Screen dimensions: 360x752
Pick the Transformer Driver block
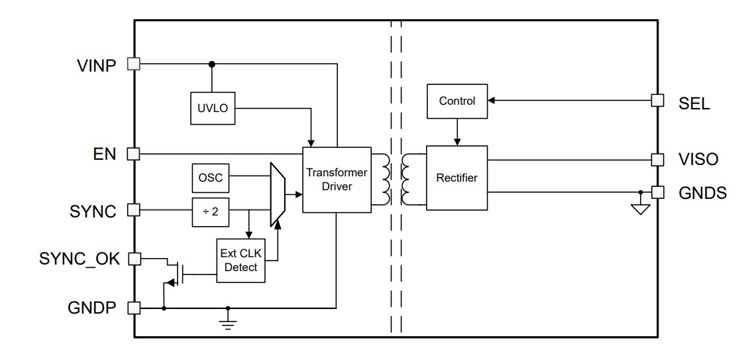coord(337,179)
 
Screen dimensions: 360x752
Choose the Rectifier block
coord(457,178)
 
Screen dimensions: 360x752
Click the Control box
coord(457,101)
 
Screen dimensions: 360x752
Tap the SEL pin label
coord(694,104)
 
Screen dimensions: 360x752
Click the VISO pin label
coord(698,160)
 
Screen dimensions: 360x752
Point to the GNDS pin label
coord(702,193)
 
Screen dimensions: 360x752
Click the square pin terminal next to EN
coord(133,154)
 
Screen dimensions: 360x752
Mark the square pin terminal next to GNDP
coord(133,308)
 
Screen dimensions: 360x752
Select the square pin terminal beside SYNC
coord(133,210)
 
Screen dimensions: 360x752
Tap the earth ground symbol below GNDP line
coord(228,324)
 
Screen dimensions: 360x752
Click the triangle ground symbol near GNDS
coord(640,210)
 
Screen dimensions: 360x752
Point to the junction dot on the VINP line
coord(212,64)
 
